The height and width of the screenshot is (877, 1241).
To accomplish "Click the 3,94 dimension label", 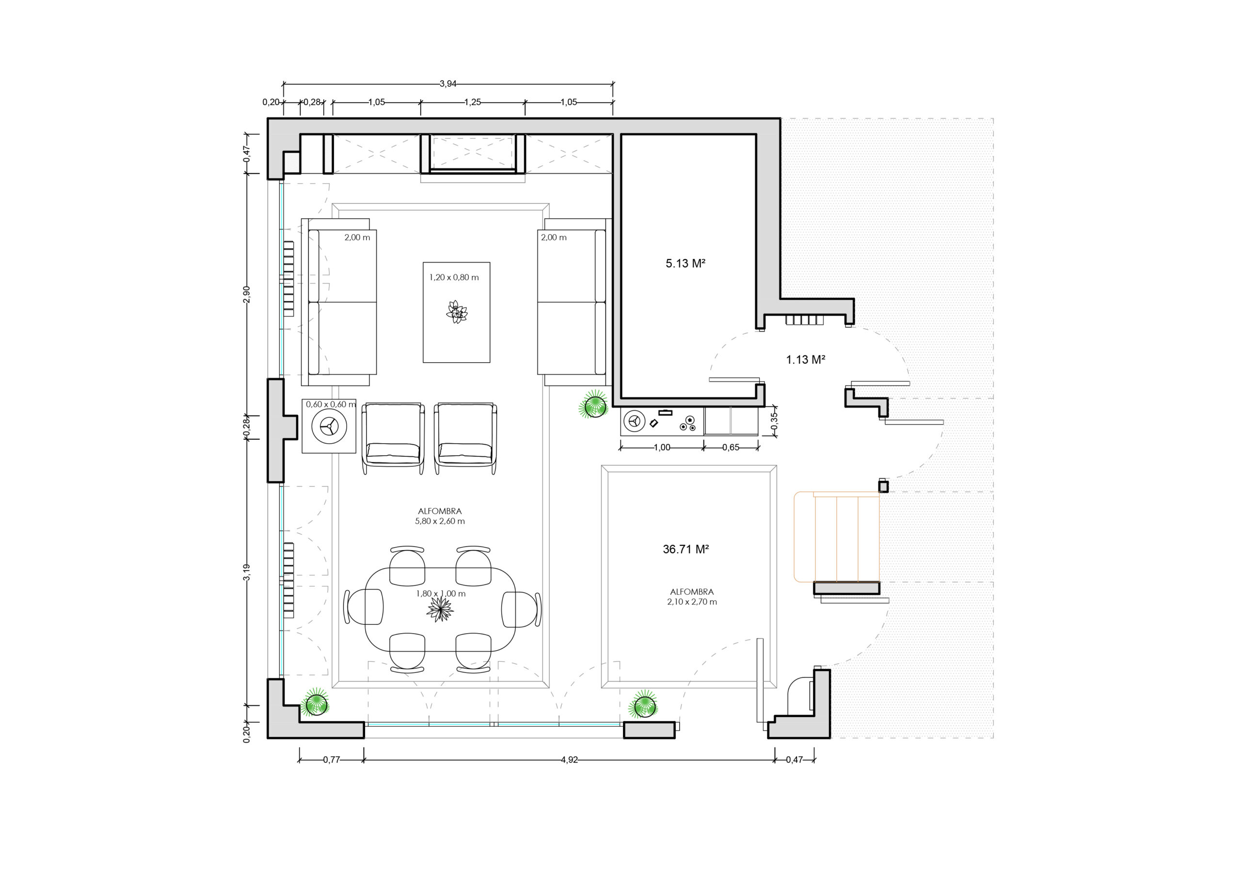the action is click(x=447, y=84).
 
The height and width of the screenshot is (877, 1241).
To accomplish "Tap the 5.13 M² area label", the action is click(x=685, y=263).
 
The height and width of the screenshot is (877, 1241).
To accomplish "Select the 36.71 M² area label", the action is click(x=686, y=549).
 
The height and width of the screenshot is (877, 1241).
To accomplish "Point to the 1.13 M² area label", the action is click(x=805, y=360).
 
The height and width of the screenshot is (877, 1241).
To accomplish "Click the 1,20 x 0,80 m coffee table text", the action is click(x=454, y=277).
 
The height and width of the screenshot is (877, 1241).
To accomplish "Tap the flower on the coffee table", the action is click(x=457, y=313).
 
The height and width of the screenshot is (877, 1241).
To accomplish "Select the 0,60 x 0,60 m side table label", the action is click(x=331, y=404).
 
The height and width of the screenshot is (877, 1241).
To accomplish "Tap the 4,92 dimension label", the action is click(x=569, y=760).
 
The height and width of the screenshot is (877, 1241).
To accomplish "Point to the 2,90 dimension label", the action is click(x=246, y=295).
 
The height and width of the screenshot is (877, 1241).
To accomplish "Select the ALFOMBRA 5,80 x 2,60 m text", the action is click(x=440, y=516).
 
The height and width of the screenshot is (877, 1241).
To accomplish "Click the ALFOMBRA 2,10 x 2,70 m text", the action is click(x=692, y=597).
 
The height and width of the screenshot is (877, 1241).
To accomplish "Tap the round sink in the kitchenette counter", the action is click(x=634, y=421).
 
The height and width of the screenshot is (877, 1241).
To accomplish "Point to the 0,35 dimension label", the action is click(x=774, y=421).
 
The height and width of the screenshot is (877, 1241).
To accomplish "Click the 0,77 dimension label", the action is click(x=331, y=760).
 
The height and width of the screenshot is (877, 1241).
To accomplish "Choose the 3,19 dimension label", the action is click(x=246, y=573).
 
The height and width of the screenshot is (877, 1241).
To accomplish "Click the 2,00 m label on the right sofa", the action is click(x=554, y=238).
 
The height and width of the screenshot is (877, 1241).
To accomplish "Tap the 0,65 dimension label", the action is click(x=731, y=447).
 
